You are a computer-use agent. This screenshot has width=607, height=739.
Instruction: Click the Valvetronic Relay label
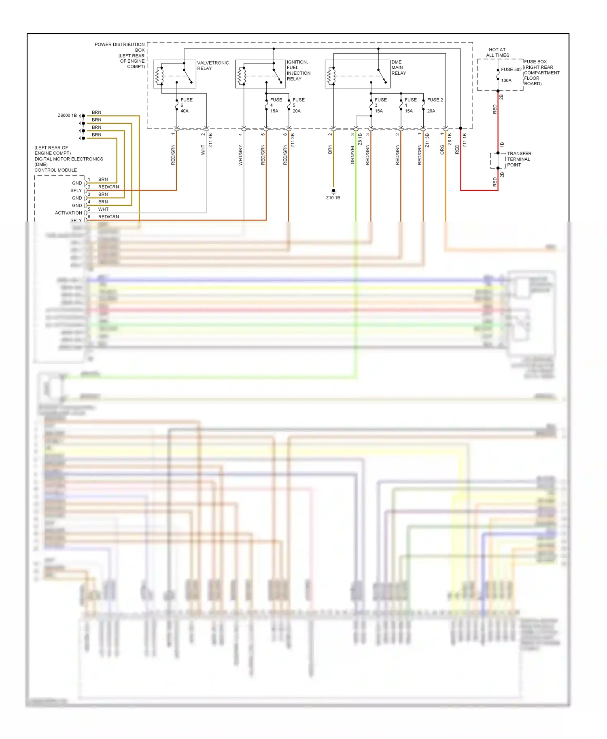pos(213,65)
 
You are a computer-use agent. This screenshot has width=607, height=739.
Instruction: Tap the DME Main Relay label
pos(399,68)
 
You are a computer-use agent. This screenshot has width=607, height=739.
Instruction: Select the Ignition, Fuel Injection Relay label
pos(299,70)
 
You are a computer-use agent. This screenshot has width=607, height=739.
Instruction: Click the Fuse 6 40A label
pos(186,105)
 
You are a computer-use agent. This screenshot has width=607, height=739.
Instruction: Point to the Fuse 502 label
pos(511,70)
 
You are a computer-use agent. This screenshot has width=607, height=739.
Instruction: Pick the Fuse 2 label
pos(435,100)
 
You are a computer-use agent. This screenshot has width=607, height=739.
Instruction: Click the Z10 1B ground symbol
pos(333,191)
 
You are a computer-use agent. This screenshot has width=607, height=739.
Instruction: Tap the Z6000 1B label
pos(67,116)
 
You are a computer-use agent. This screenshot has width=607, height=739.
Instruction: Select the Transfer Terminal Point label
pos(519,159)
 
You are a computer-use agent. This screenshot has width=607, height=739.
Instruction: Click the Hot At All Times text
pos(497,53)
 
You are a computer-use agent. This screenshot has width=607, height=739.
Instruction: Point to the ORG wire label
pos(442,150)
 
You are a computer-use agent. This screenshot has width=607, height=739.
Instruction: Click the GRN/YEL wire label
pos(352,154)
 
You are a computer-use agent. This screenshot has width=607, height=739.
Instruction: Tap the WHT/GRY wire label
pos(240,155)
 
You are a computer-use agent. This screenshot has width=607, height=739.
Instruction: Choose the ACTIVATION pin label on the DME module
pos(68,213)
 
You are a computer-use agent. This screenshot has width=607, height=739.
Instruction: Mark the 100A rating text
pos(506,80)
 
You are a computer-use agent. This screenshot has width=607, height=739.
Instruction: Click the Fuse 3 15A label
pos(380,105)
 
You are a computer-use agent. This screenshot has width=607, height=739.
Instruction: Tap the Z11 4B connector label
pos(210,140)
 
